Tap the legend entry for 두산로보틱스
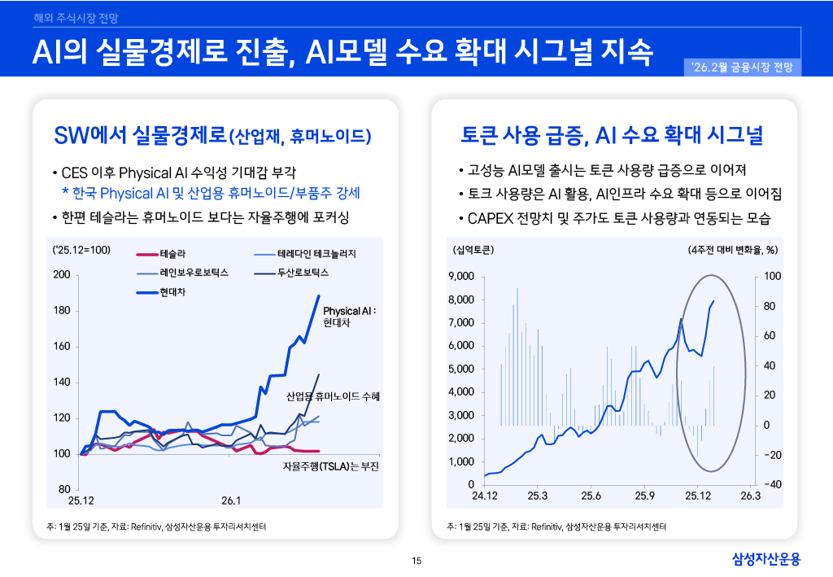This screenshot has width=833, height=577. point(303,273)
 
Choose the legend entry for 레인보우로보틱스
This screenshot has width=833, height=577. point(194,273)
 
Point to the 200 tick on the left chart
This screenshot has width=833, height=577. point(61,274)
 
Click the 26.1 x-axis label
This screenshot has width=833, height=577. point(232,499)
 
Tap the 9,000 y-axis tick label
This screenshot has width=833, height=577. point(460,277)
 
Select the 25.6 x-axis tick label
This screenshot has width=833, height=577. point(591,496)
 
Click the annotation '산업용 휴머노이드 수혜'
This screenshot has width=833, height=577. point(333,397)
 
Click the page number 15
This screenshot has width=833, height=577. point(416,560)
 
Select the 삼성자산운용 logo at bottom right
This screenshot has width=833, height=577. point(766,558)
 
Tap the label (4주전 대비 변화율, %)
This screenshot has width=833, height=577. point(732,249)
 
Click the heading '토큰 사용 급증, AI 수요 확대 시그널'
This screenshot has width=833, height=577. point(612,134)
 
